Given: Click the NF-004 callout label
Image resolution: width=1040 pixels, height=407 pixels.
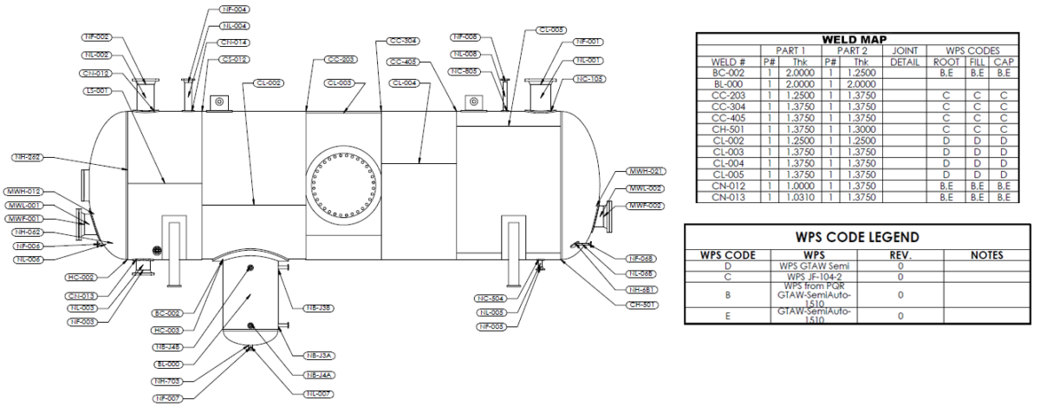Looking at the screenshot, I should pyautogui.click(x=235, y=10).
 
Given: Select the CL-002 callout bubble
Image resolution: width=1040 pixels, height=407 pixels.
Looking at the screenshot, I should pyautogui.click(x=269, y=82).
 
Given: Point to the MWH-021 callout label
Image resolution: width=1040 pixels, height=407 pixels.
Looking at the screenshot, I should pyautogui.click(x=645, y=171).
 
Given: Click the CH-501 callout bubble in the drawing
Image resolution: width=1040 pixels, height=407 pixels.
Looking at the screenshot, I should pyautogui.click(x=644, y=305).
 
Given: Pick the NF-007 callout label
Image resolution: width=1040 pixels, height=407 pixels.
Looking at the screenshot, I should pyautogui.click(x=172, y=398).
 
